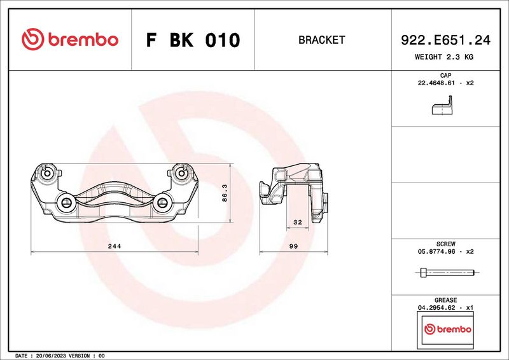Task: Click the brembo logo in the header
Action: tap(70, 40)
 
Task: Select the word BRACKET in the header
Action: tap(321, 40)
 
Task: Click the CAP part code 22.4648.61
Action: tap(438, 83)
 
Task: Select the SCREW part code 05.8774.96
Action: tap(438, 252)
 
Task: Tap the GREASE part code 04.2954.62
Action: tap(438, 308)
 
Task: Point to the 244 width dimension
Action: tap(115, 246)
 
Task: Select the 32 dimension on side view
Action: tap(297, 223)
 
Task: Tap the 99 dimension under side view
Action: tap(294, 246)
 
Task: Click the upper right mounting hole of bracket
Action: tap(181, 173)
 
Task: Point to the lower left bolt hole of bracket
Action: tap(66, 204)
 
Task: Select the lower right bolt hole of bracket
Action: tap(162, 204)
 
